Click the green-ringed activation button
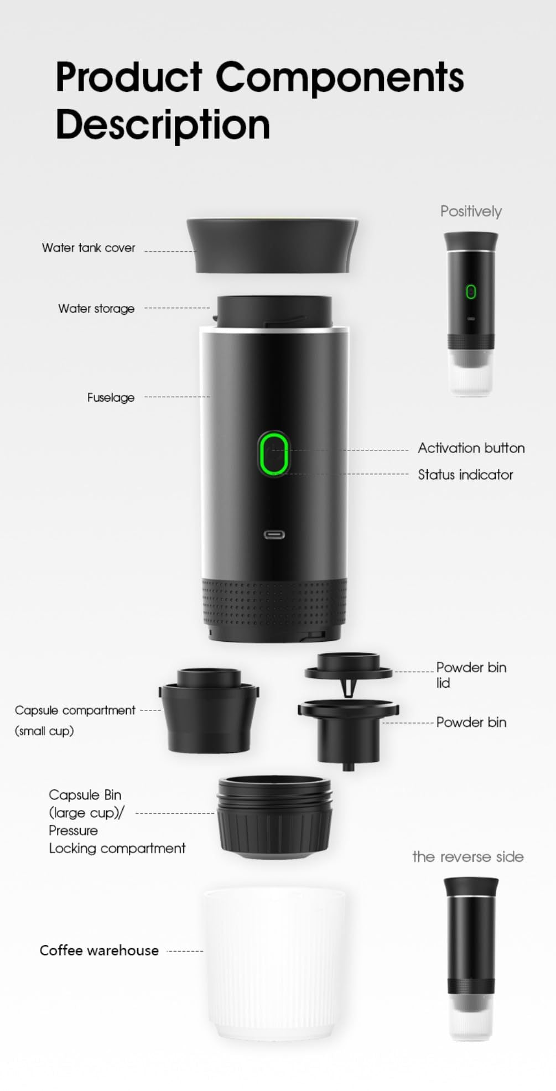tap(274, 454)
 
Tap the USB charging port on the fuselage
tap(274, 534)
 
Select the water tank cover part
tap(273, 245)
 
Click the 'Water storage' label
tap(96, 309)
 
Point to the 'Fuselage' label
tap(111, 397)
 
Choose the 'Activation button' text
tap(471, 448)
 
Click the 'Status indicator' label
tap(465, 475)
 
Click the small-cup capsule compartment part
tap(209, 711)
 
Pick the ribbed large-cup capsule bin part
tap(274, 817)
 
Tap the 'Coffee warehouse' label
tap(99, 950)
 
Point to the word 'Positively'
tap(471, 211)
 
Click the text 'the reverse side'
tap(467, 857)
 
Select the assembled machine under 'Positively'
tap(471, 313)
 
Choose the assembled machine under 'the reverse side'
tap(471, 957)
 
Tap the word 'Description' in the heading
tap(163, 125)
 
